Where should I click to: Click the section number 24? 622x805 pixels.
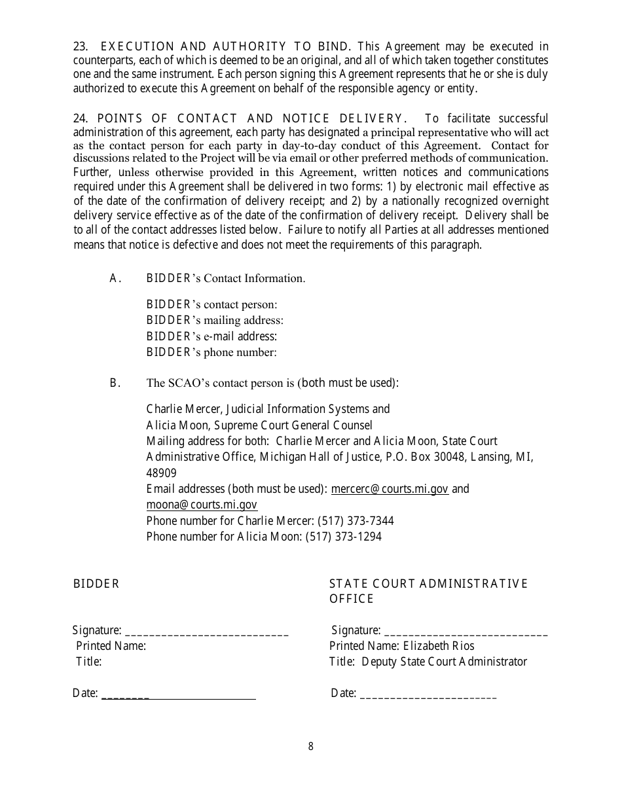[80, 118]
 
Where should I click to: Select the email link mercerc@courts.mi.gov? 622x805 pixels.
[390, 489]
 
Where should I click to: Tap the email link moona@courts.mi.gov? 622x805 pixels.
[202, 505]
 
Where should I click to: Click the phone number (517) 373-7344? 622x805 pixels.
[356, 521]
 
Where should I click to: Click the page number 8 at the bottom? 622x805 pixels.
[311, 746]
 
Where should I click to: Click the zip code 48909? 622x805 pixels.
[161, 473]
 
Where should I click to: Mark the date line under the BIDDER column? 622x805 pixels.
[178, 696]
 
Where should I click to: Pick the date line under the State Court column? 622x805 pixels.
[428, 696]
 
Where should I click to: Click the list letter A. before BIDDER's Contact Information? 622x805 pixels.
[115, 278]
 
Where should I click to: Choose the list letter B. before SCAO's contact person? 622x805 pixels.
[115, 383]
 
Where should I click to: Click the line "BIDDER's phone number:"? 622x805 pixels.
[211, 353]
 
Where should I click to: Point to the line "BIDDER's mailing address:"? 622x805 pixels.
[215, 321]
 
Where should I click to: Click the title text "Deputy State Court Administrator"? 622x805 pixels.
[444, 662]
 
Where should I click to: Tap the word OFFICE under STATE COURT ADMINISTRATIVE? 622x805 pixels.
[352, 599]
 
